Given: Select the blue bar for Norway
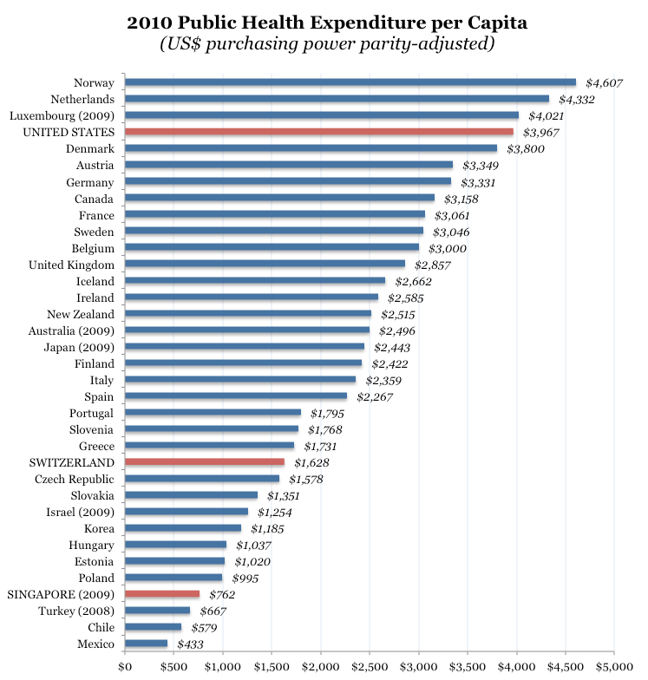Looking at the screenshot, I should (350, 82).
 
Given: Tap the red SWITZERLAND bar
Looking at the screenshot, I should (205, 462).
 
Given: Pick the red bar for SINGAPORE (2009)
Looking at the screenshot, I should (162, 594).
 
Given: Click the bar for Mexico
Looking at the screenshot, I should (147, 644).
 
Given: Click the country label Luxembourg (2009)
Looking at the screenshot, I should (62, 115).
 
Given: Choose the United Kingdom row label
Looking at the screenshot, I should (71, 265).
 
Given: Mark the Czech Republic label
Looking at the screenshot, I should (75, 479).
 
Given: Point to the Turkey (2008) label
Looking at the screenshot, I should (75, 611).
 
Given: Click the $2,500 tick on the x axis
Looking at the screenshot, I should (370, 668).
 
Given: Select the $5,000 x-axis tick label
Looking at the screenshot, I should (614, 668).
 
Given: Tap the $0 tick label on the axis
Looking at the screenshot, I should (125, 668).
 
